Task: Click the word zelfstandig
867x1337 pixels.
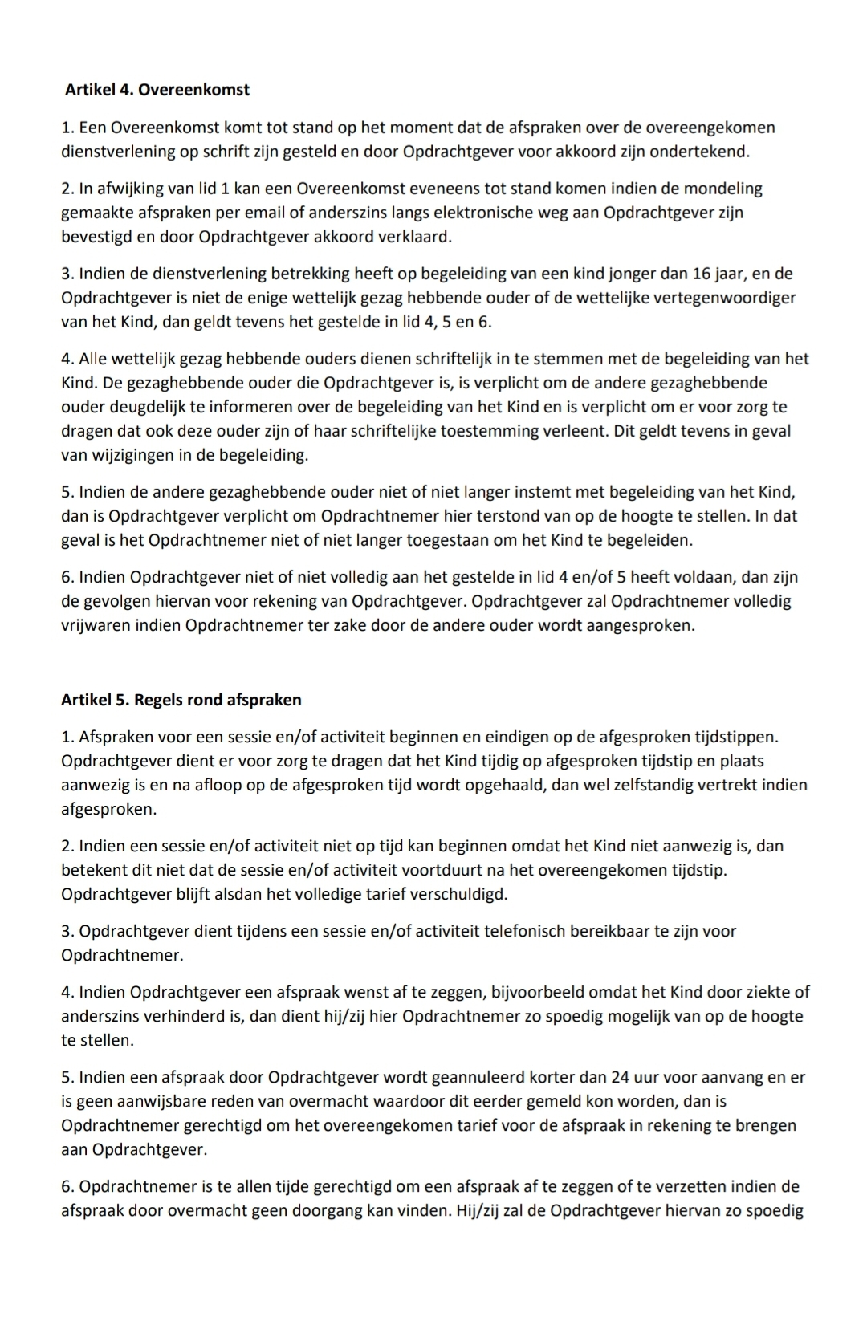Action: (644, 785)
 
